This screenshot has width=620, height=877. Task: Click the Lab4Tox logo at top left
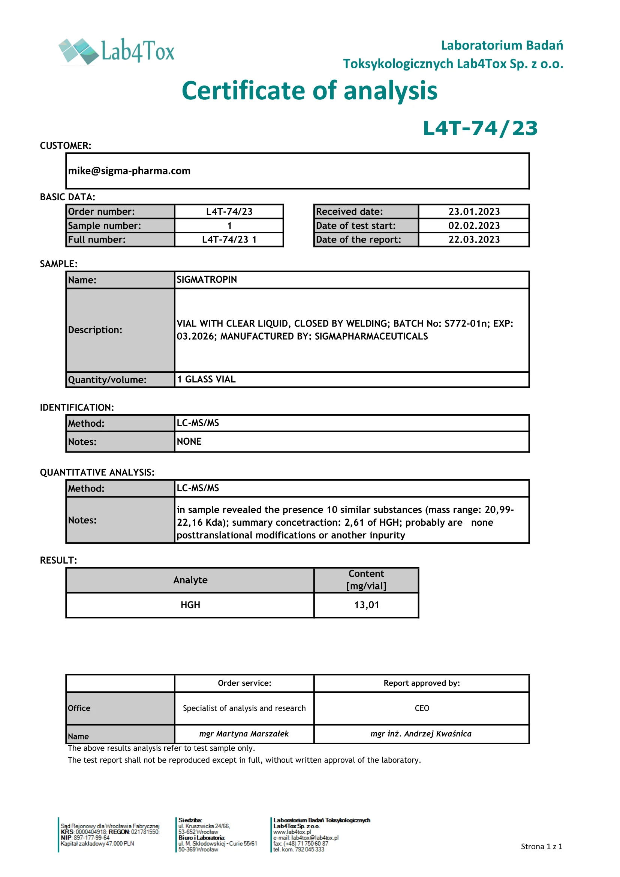coord(117,51)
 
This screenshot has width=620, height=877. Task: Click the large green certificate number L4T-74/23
coord(480,128)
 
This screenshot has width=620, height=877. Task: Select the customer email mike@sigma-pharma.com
coord(129,171)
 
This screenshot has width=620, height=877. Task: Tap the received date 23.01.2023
coord(474,211)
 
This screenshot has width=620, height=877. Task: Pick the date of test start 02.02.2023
coord(474,226)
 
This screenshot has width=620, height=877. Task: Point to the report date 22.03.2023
coord(474,240)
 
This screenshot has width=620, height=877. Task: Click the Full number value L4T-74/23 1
coord(229,240)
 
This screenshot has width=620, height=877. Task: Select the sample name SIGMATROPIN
coord(207,280)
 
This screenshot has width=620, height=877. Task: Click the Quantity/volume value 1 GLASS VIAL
coord(206,379)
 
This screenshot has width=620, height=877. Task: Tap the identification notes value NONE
coord(189,442)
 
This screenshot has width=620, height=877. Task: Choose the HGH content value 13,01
coord(367,605)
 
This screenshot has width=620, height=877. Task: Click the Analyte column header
coord(190,580)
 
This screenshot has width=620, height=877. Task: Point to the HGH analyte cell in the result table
coord(190,605)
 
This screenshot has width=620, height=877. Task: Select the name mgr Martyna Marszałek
coord(244,734)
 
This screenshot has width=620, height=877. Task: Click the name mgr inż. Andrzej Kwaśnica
coord(421,734)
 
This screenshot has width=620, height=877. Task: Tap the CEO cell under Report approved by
coord(422,708)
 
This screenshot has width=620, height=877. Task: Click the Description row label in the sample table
coord(95,330)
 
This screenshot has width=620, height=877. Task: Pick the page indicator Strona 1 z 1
coord(541,847)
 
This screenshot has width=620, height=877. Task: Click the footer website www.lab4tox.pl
coord(292,832)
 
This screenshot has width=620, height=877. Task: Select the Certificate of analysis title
coord(309,91)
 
